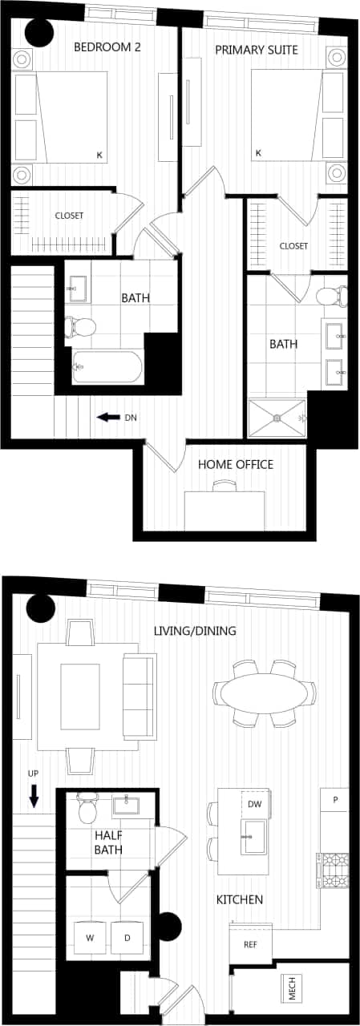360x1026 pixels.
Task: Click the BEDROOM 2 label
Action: click(107, 47)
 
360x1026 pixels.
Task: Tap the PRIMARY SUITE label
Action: click(257, 50)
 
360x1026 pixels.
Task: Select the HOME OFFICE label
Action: click(236, 464)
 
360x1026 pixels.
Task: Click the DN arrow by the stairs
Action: click(105, 417)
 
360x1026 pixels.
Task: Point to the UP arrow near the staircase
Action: click(34, 796)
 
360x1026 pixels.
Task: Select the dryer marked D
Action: click(127, 937)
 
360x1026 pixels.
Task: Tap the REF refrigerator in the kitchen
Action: click(251, 945)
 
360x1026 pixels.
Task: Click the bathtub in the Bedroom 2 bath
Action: click(107, 368)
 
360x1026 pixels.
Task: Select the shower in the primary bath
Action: click(277, 418)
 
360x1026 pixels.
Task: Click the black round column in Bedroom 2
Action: click(38, 31)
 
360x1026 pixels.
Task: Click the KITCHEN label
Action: click(240, 900)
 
